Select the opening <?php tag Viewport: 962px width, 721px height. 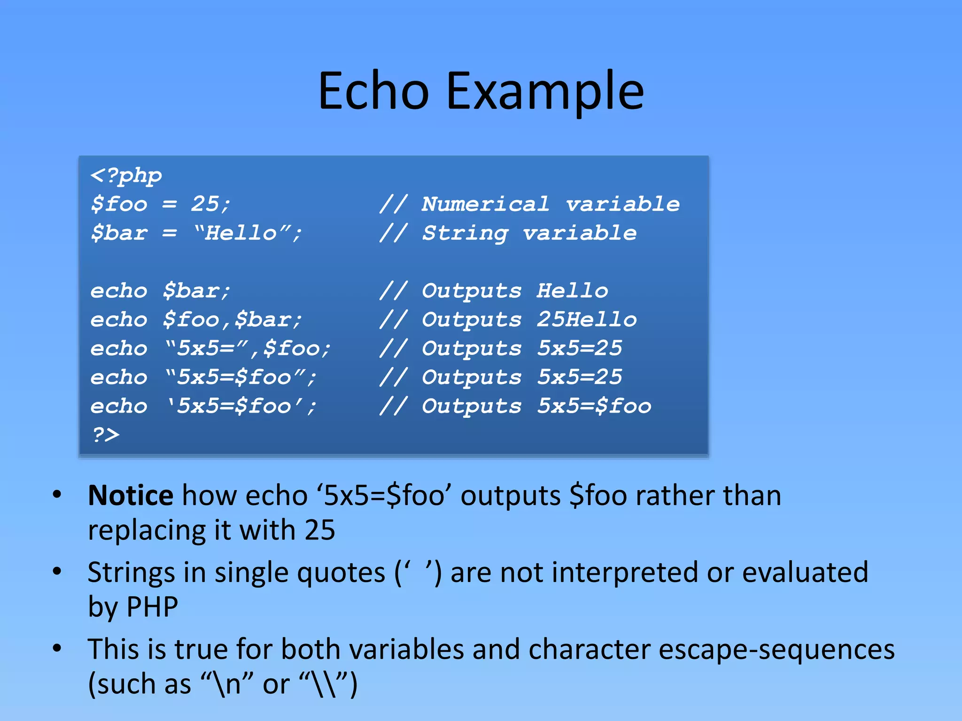pos(126,176)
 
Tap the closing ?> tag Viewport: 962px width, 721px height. pos(106,435)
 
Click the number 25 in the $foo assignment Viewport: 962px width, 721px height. pos(205,204)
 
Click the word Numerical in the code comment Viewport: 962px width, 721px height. pos(485,204)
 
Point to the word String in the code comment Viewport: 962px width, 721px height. pos(465,233)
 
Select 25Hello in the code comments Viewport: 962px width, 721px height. pos(587,320)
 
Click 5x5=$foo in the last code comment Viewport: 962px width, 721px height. pos(594,406)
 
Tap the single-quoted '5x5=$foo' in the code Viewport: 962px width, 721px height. pos(241,406)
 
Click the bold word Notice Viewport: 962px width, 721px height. pos(131,496)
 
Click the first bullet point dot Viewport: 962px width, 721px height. pos(57,494)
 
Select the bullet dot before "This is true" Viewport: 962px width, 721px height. pos(57,648)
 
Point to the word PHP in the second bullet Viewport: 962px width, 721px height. pos(152,607)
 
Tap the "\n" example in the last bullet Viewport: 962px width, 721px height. pos(227,684)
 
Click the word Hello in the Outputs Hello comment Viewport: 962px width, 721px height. pos(572,291)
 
